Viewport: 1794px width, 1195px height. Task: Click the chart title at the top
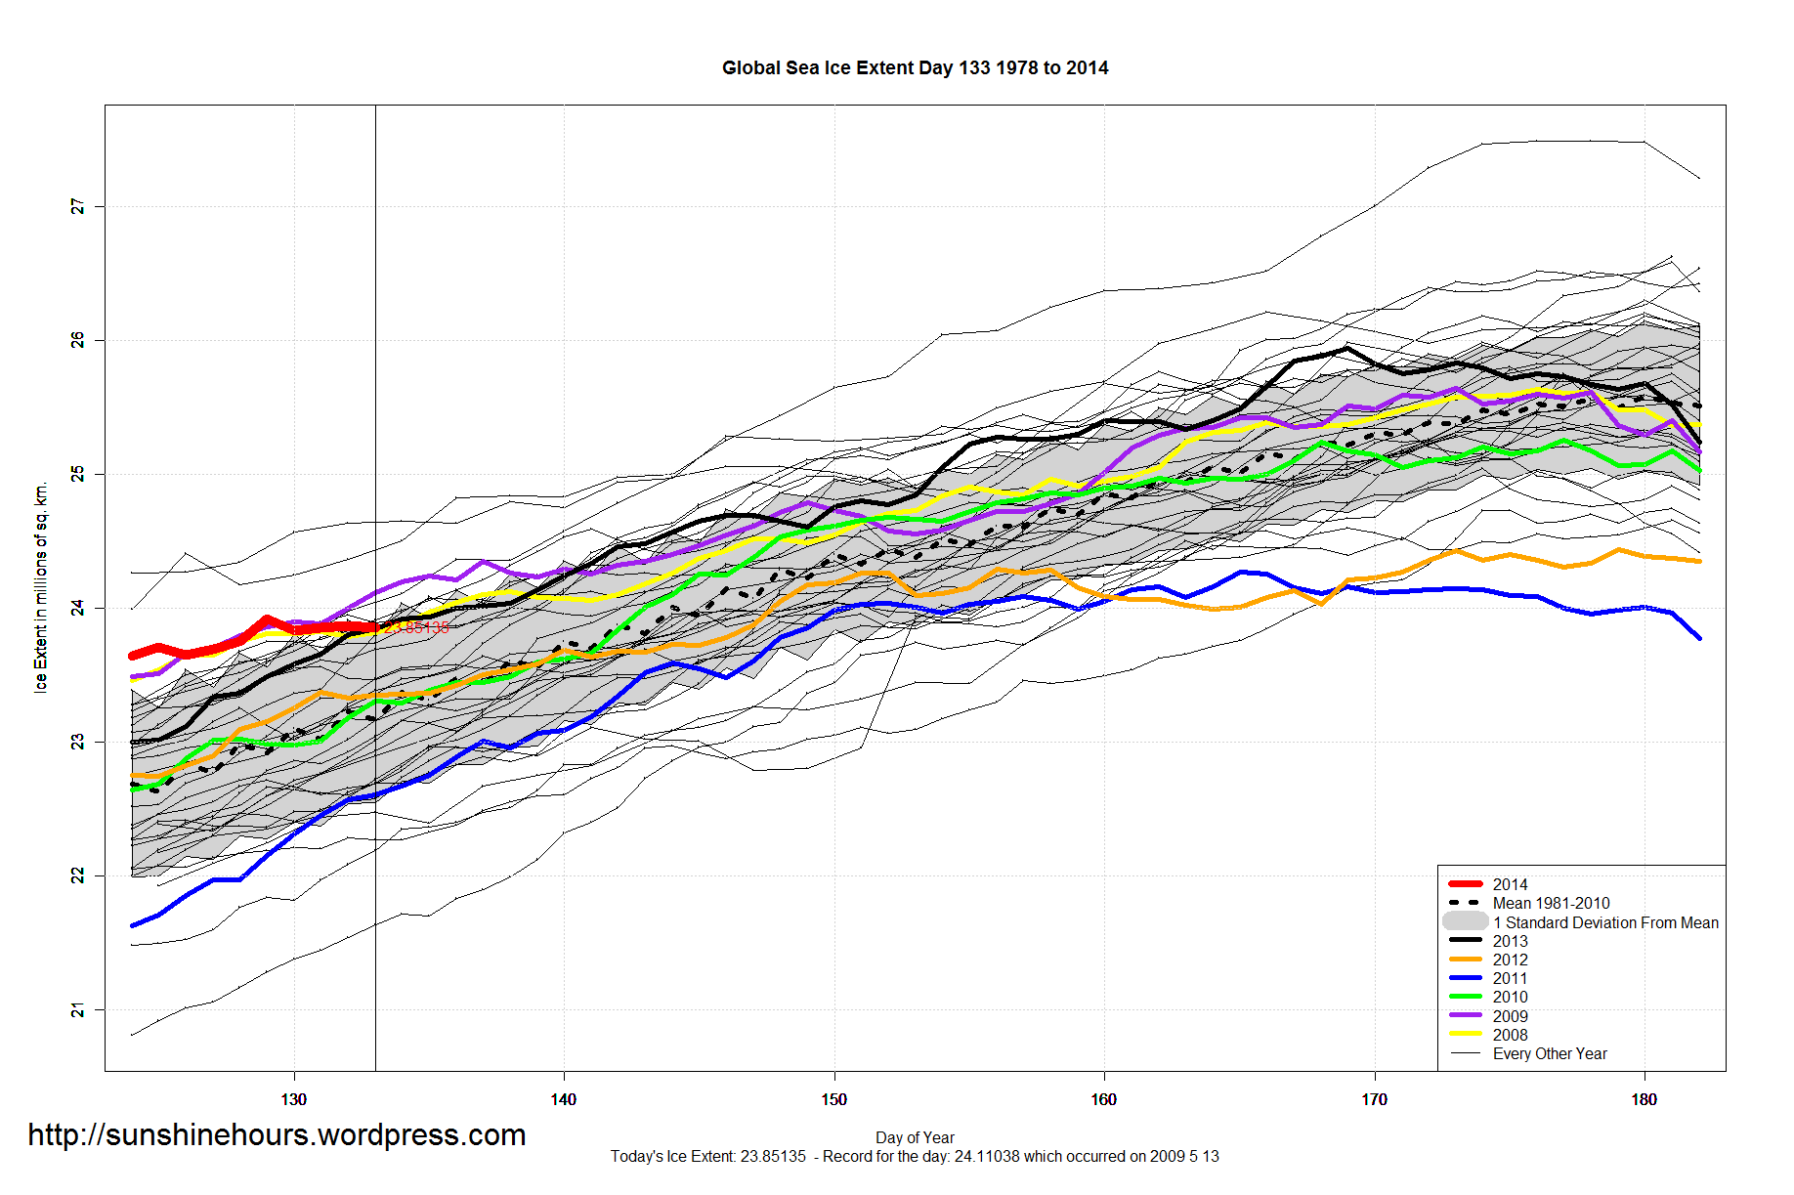coord(915,67)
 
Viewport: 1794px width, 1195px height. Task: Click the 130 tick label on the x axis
coord(293,1099)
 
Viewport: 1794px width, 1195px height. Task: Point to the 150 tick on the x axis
coord(833,1099)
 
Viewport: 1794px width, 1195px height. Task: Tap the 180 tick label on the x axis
coord(1644,1099)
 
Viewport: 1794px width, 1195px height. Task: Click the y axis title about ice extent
coord(40,586)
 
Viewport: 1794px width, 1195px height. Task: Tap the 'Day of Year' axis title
coord(915,1137)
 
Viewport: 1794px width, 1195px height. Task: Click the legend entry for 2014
coord(1510,884)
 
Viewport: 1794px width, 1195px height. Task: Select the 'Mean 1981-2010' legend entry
coord(1551,903)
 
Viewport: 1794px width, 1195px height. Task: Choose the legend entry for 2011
coord(1510,978)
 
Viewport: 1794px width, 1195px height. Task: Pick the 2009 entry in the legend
coord(1510,1016)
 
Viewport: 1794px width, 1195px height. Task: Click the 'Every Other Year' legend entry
coord(1550,1053)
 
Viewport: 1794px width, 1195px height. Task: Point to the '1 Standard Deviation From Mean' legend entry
coord(1604,922)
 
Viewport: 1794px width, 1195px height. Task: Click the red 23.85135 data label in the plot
coord(417,627)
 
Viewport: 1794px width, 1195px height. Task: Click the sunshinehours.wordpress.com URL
coord(277,1134)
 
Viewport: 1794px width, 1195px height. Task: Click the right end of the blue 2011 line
coord(1699,638)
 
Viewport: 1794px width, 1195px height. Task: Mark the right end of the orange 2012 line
coord(1699,561)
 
